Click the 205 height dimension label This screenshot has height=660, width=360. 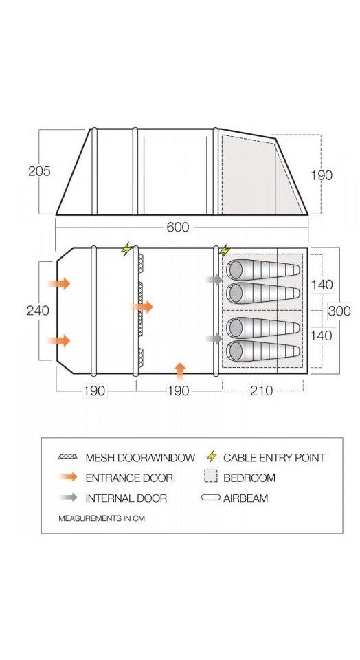point(39,171)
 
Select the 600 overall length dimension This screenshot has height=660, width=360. point(178,227)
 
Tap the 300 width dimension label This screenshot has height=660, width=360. point(339,311)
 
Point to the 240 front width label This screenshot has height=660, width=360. point(38,310)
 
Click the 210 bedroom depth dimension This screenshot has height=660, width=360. point(262,390)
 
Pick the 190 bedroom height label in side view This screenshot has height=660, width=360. point(322,175)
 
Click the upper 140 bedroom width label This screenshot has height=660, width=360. point(322,285)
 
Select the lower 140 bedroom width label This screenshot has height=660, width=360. point(322,335)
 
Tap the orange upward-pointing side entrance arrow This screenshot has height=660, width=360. point(180,372)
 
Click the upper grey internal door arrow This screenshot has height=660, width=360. point(214,279)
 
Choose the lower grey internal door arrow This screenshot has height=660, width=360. point(214,338)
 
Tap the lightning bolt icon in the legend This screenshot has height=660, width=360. point(212,456)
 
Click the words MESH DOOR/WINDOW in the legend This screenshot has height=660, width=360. point(140,458)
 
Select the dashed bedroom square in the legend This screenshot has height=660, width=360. point(211,477)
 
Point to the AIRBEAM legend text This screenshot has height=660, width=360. point(245,498)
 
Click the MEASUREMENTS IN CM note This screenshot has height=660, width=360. point(102,518)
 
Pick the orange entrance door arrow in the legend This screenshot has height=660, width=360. point(69,477)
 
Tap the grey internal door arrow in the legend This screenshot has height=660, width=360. point(69,498)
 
